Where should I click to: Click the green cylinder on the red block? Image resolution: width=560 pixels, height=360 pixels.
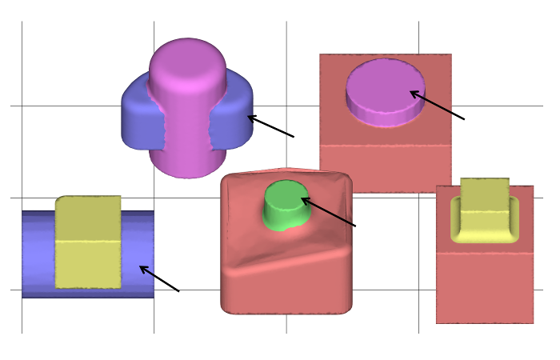pos(286,204)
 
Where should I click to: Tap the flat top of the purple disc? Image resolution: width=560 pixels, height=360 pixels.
pos(385,83)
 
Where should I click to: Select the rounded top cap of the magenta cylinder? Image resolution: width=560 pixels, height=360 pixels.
pos(187,60)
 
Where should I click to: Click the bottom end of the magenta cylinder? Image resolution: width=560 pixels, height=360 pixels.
pos(187,164)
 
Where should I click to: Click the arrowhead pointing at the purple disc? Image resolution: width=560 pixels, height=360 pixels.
pos(412,93)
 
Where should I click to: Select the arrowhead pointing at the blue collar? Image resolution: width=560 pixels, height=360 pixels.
pos(249,117)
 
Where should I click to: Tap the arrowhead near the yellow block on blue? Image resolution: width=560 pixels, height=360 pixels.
pos(142,267)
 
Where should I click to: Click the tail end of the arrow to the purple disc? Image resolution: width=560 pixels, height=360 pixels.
pos(464,119)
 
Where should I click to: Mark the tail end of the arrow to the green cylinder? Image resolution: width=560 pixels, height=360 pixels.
pos(355,226)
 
